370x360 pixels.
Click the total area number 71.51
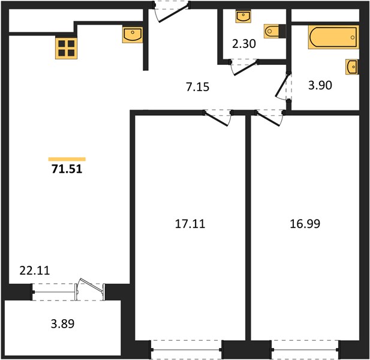(67, 169)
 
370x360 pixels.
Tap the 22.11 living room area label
(35, 271)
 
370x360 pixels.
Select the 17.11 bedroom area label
(190, 224)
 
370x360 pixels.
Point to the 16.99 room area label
(305, 224)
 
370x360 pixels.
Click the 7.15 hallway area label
(197, 87)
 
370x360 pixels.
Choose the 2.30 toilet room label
(243, 44)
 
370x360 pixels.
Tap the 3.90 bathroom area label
(320, 85)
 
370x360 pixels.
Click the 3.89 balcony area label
(62, 323)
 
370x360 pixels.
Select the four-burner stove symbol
(67, 48)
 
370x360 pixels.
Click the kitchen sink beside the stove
(133, 35)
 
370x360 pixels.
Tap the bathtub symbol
(333, 37)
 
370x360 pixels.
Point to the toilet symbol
(275, 31)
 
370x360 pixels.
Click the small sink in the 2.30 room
(243, 16)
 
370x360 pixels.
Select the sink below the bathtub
(352, 67)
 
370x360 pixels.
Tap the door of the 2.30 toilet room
(244, 68)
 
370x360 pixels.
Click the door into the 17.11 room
(218, 118)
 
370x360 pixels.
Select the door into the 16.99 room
(270, 118)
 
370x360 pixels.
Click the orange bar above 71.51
(67, 159)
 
